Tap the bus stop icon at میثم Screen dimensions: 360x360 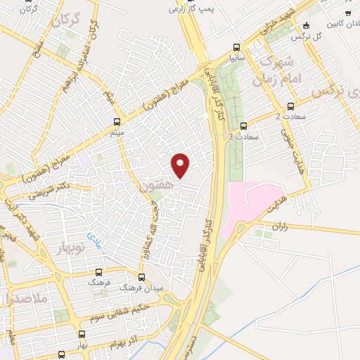click(x=116, y=122)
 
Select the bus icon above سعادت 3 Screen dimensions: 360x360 click(x=243, y=127)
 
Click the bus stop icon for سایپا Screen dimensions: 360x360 click(x=234, y=51)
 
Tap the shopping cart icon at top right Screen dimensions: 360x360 click(x=347, y=13)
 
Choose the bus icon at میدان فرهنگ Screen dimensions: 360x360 click(x=141, y=277)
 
